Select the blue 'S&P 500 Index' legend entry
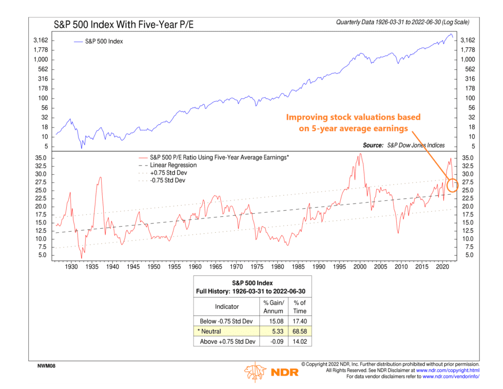coord(104,41)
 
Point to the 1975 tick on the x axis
coord(257,267)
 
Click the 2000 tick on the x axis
coord(360,267)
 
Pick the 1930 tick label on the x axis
coord(71,267)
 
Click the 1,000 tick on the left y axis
coord(41,60)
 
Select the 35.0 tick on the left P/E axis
coord(41,158)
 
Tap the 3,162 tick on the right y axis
coord(469,40)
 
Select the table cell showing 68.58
coord(299,331)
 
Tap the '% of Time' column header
coord(299,307)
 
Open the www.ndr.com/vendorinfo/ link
coord(451,377)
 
